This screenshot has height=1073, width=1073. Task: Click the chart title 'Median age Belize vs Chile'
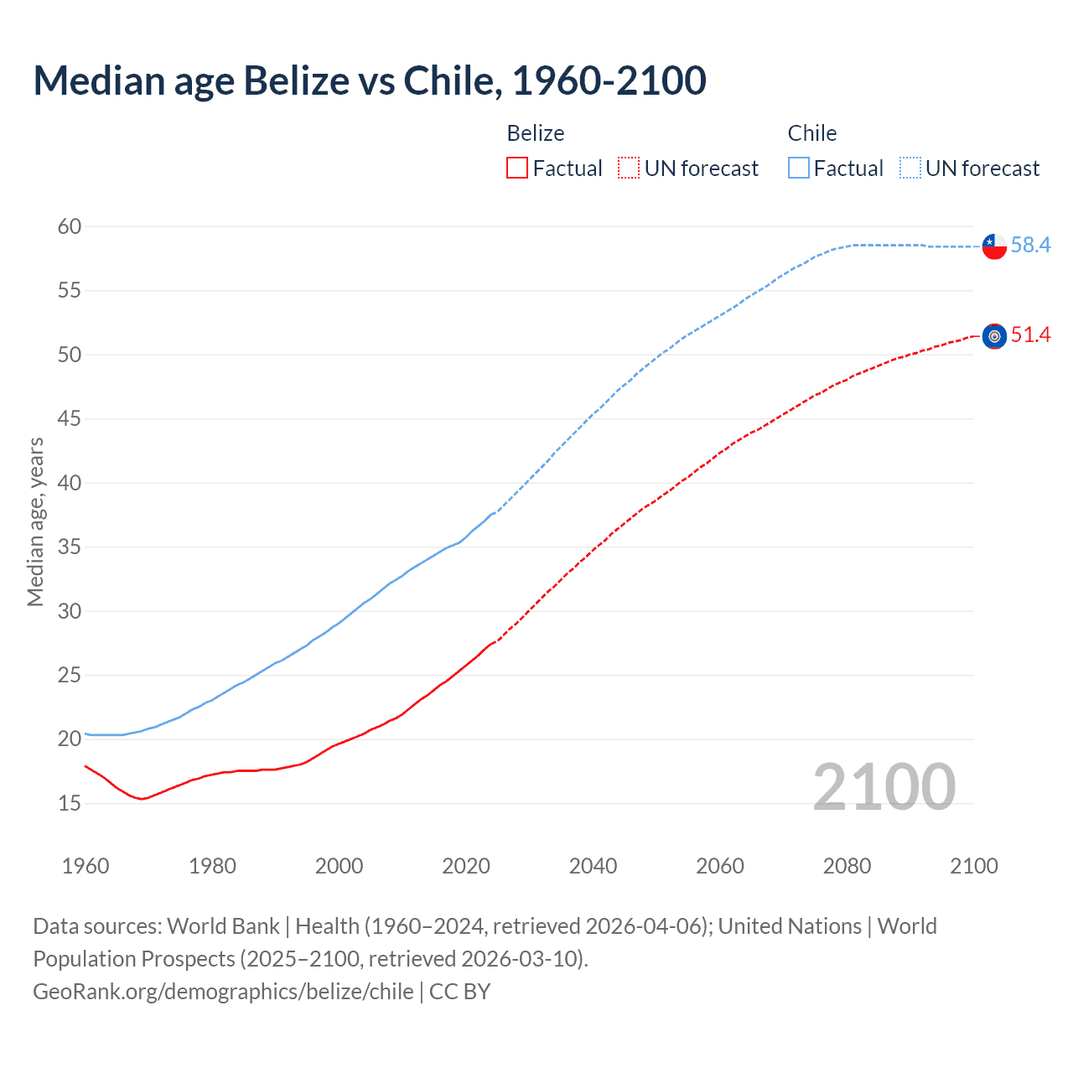tap(369, 80)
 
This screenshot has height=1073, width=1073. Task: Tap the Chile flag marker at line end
tap(994, 246)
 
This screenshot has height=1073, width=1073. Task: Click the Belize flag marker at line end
tap(994, 336)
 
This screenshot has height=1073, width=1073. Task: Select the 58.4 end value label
tap(1030, 245)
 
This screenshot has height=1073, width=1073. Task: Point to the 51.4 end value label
tap(1030, 335)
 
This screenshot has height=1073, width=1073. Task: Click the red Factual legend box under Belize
tap(517, 168)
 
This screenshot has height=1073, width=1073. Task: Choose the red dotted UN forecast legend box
tap(629, 168)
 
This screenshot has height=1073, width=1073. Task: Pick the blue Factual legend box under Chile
tap(799, 168)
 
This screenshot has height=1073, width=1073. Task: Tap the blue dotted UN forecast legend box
tap(910, 168)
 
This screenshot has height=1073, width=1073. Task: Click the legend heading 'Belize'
tap(536, 133)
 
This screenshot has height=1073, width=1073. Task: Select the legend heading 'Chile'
tap(812, 133)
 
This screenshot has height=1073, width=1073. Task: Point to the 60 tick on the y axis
tap(70, 226)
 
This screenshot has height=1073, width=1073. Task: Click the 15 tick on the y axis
tap(70, 803)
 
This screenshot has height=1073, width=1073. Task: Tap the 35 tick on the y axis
tap(70, 547)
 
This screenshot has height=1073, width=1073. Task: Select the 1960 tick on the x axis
tap(86, 866)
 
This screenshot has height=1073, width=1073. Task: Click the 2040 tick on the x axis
tap(593, 866)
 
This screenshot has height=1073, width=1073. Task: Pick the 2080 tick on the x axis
tap(847, 866)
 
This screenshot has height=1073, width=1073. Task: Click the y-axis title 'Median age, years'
tap(35, 521)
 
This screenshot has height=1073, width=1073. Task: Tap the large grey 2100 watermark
tap(884, 787)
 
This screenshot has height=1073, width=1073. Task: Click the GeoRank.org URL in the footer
tap(223, 992)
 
